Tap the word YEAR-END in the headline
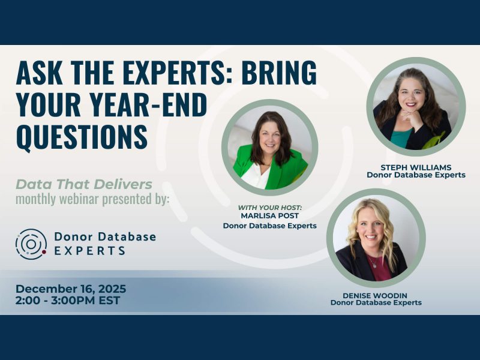(143, 105)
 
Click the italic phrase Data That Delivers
(83, 184)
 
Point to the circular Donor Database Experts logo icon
(31, 244)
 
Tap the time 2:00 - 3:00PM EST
(68, 300)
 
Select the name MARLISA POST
(269, 216)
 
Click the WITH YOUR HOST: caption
(269, 207)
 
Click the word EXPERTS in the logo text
(89, 251)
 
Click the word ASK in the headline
(38, 74)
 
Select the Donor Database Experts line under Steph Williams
(416, 175)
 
